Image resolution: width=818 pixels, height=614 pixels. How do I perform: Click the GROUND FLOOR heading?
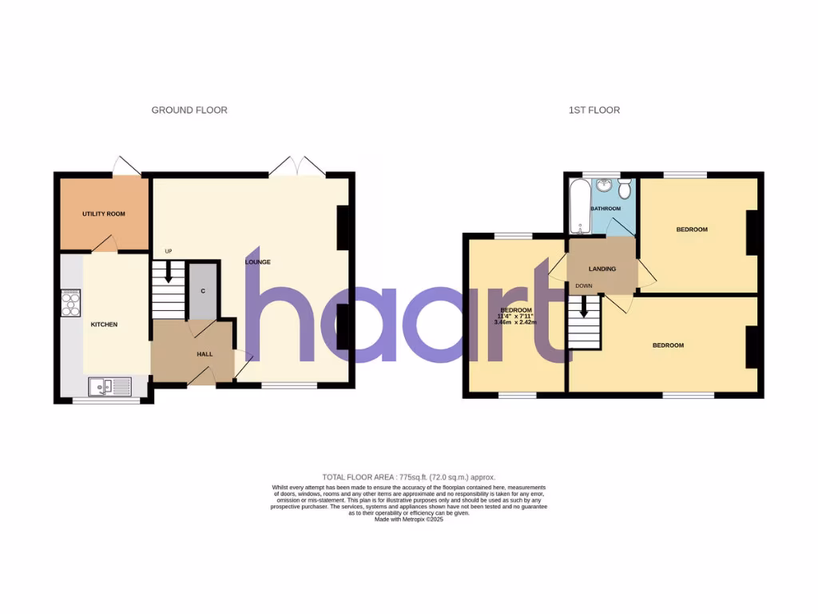(x=189, y=110)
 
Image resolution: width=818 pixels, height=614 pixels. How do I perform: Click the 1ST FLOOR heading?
(x=594, y=110)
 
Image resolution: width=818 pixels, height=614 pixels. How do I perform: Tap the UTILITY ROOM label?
(x=104, y=214)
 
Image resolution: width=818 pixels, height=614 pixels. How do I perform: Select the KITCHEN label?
(x=104, y=325)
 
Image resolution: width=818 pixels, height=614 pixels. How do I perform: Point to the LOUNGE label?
(x=258, y=262)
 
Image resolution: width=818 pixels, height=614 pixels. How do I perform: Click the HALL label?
(x=205, y=354)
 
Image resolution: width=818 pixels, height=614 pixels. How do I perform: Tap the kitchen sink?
(x=109, y=387)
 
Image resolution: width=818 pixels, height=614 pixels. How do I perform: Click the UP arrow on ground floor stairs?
(x=168, y=271)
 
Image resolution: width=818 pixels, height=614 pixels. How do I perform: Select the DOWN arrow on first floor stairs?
(x=584, y=306)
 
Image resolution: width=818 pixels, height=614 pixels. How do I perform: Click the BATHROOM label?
(x=606, y=209)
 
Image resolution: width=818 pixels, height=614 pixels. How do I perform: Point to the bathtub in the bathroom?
(x=578, y=206)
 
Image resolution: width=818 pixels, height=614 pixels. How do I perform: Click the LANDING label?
(x=602, y=269)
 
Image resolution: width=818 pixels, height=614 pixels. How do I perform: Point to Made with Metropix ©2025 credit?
(x=408, y=519)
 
